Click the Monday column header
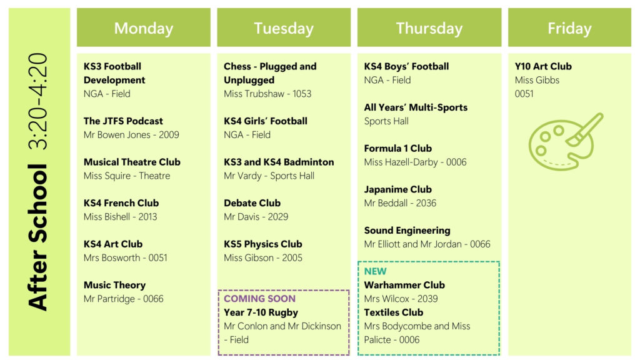pos(144,27)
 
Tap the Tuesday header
pos(284,27)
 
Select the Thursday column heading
pos(429,27)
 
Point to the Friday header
pos(569,27)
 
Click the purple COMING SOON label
pos(259,298)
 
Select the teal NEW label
pos(375,271)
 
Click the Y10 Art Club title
pos(543,66)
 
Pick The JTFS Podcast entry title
pos(123,121)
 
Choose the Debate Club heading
pos(252,203)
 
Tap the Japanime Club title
pos(397,189)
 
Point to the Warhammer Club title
pos(404,285)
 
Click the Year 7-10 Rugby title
pos(261,312)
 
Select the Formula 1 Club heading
pos(397,148)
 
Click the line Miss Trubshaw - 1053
pos(267,94)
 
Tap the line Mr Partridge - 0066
pos(123,299)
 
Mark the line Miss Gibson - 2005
pos(263,257)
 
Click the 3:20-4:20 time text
pos(38,101)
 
